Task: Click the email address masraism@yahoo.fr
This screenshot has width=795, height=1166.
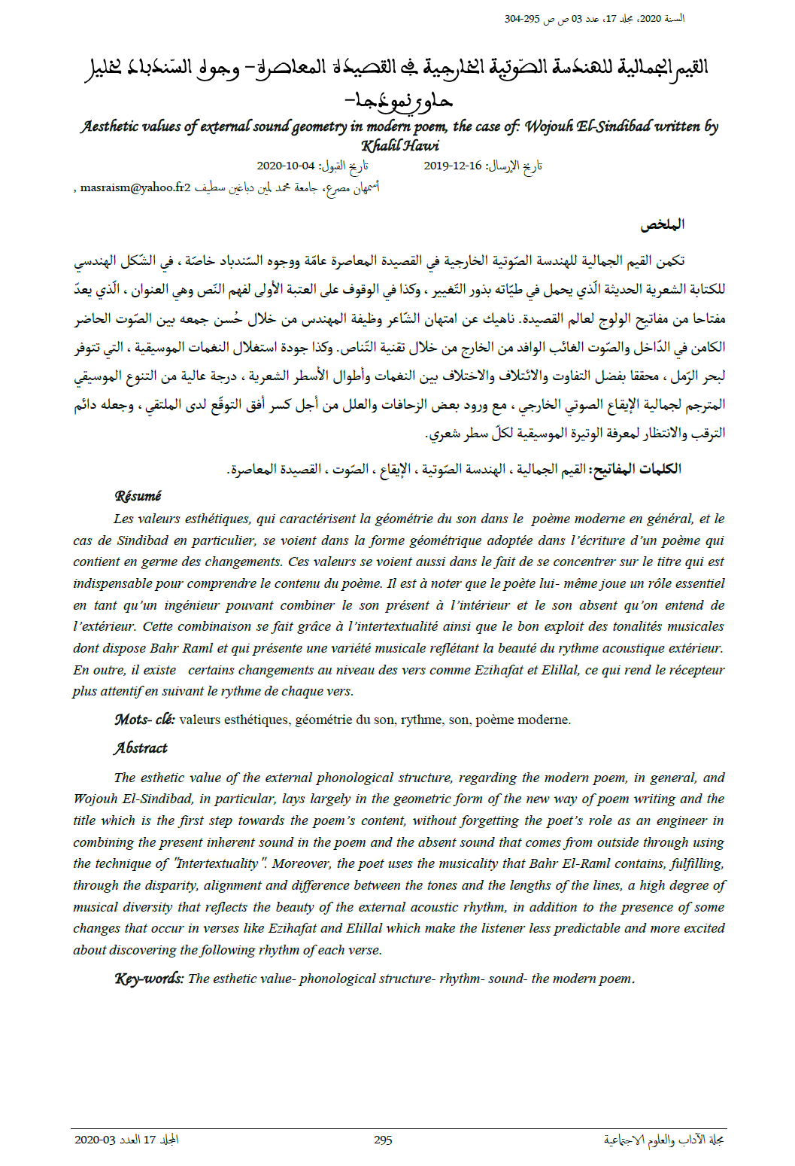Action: click(x=132, y=188)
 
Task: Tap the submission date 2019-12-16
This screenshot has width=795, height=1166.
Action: click(x=453, y=166)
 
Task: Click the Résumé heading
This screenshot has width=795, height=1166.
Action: click(x=138, y=496)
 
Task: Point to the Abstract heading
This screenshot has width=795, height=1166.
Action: click(x=141, y=748)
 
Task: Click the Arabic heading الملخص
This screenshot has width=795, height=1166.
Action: click(x=662, y=224)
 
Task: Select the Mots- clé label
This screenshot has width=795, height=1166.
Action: click(x=144, y=720)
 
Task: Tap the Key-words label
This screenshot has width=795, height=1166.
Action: click(x=148, y=979)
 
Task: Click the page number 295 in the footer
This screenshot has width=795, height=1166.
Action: click(x=383, y=1140)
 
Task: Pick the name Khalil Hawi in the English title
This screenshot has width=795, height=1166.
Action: click(x=399, y=146)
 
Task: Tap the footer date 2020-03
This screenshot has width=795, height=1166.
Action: click(x=95, y=1140)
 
